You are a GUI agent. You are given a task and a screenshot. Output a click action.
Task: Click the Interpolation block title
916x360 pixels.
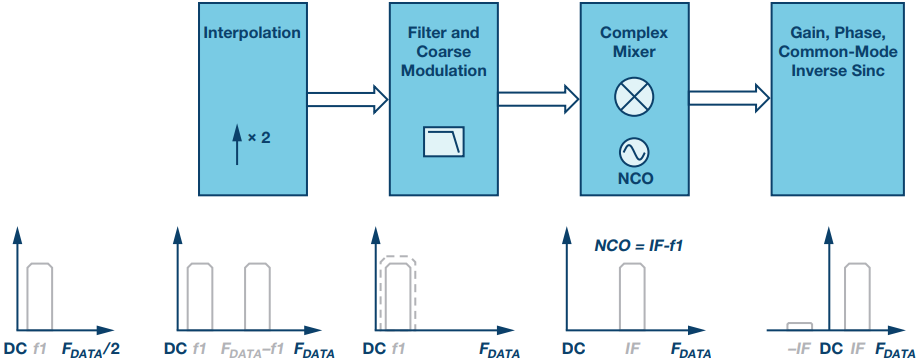click(x=252, y=32)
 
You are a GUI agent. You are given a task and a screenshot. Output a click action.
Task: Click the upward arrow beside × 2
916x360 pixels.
click(x=237, y=146)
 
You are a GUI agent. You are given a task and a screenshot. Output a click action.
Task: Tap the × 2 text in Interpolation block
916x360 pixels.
click(x=259, y=139)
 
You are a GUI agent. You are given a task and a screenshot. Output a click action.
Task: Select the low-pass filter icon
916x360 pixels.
click(x=444, y=142)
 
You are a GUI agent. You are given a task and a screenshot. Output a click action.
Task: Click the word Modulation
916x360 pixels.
click(x=444, y=71)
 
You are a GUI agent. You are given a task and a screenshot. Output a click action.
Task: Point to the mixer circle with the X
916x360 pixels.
click(x=634, y=96)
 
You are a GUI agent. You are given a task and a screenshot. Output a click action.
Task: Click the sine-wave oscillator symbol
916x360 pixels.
click(x=634, y=153)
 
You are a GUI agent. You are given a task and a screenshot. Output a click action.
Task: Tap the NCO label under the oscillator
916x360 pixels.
click(x=634, y=179)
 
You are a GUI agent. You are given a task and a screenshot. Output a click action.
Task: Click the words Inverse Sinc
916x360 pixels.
click(x=838, y=71)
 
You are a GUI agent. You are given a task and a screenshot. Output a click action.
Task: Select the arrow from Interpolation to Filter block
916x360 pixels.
click(x=348, y=100)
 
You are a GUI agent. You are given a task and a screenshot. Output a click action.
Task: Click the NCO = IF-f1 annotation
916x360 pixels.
click(x=639, y=246)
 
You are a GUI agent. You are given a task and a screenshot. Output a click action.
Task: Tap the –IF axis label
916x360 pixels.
click(x=799, y=349)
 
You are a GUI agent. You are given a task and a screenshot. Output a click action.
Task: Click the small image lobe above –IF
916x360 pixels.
click(x=799, y=326)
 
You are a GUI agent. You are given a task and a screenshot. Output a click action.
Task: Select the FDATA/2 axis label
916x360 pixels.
click(x=91, y=350)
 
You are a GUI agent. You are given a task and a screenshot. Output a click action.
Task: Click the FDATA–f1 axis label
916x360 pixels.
click(x=252, y=350)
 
